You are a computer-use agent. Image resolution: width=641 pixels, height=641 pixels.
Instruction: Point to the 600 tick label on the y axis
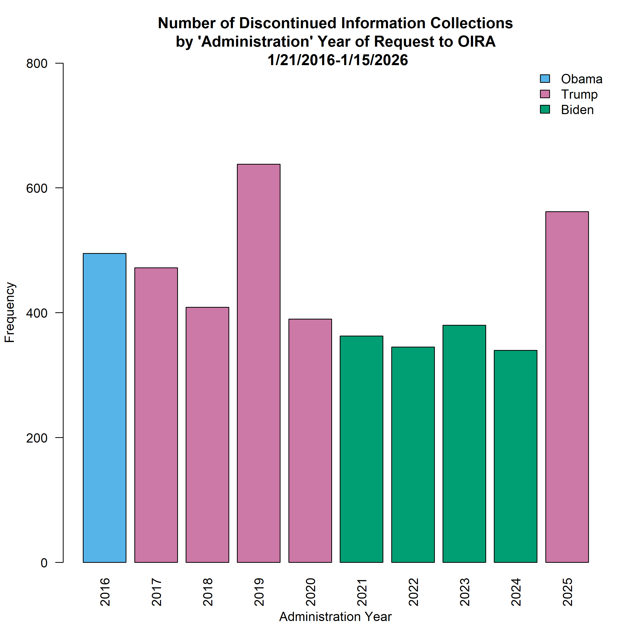click(x=37, y=188)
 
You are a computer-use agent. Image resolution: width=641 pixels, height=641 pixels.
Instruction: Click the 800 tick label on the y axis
click(x=37, y=64)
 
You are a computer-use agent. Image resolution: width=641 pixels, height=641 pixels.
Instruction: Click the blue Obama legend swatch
click(x=545, y=79)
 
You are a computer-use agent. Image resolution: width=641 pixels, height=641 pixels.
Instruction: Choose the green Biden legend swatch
click(x=545, y=109)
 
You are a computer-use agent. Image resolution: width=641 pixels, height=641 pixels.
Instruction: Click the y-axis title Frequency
click(x=10, y=312)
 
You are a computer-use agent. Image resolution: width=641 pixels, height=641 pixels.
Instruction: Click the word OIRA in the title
click(x=476, y=42)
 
